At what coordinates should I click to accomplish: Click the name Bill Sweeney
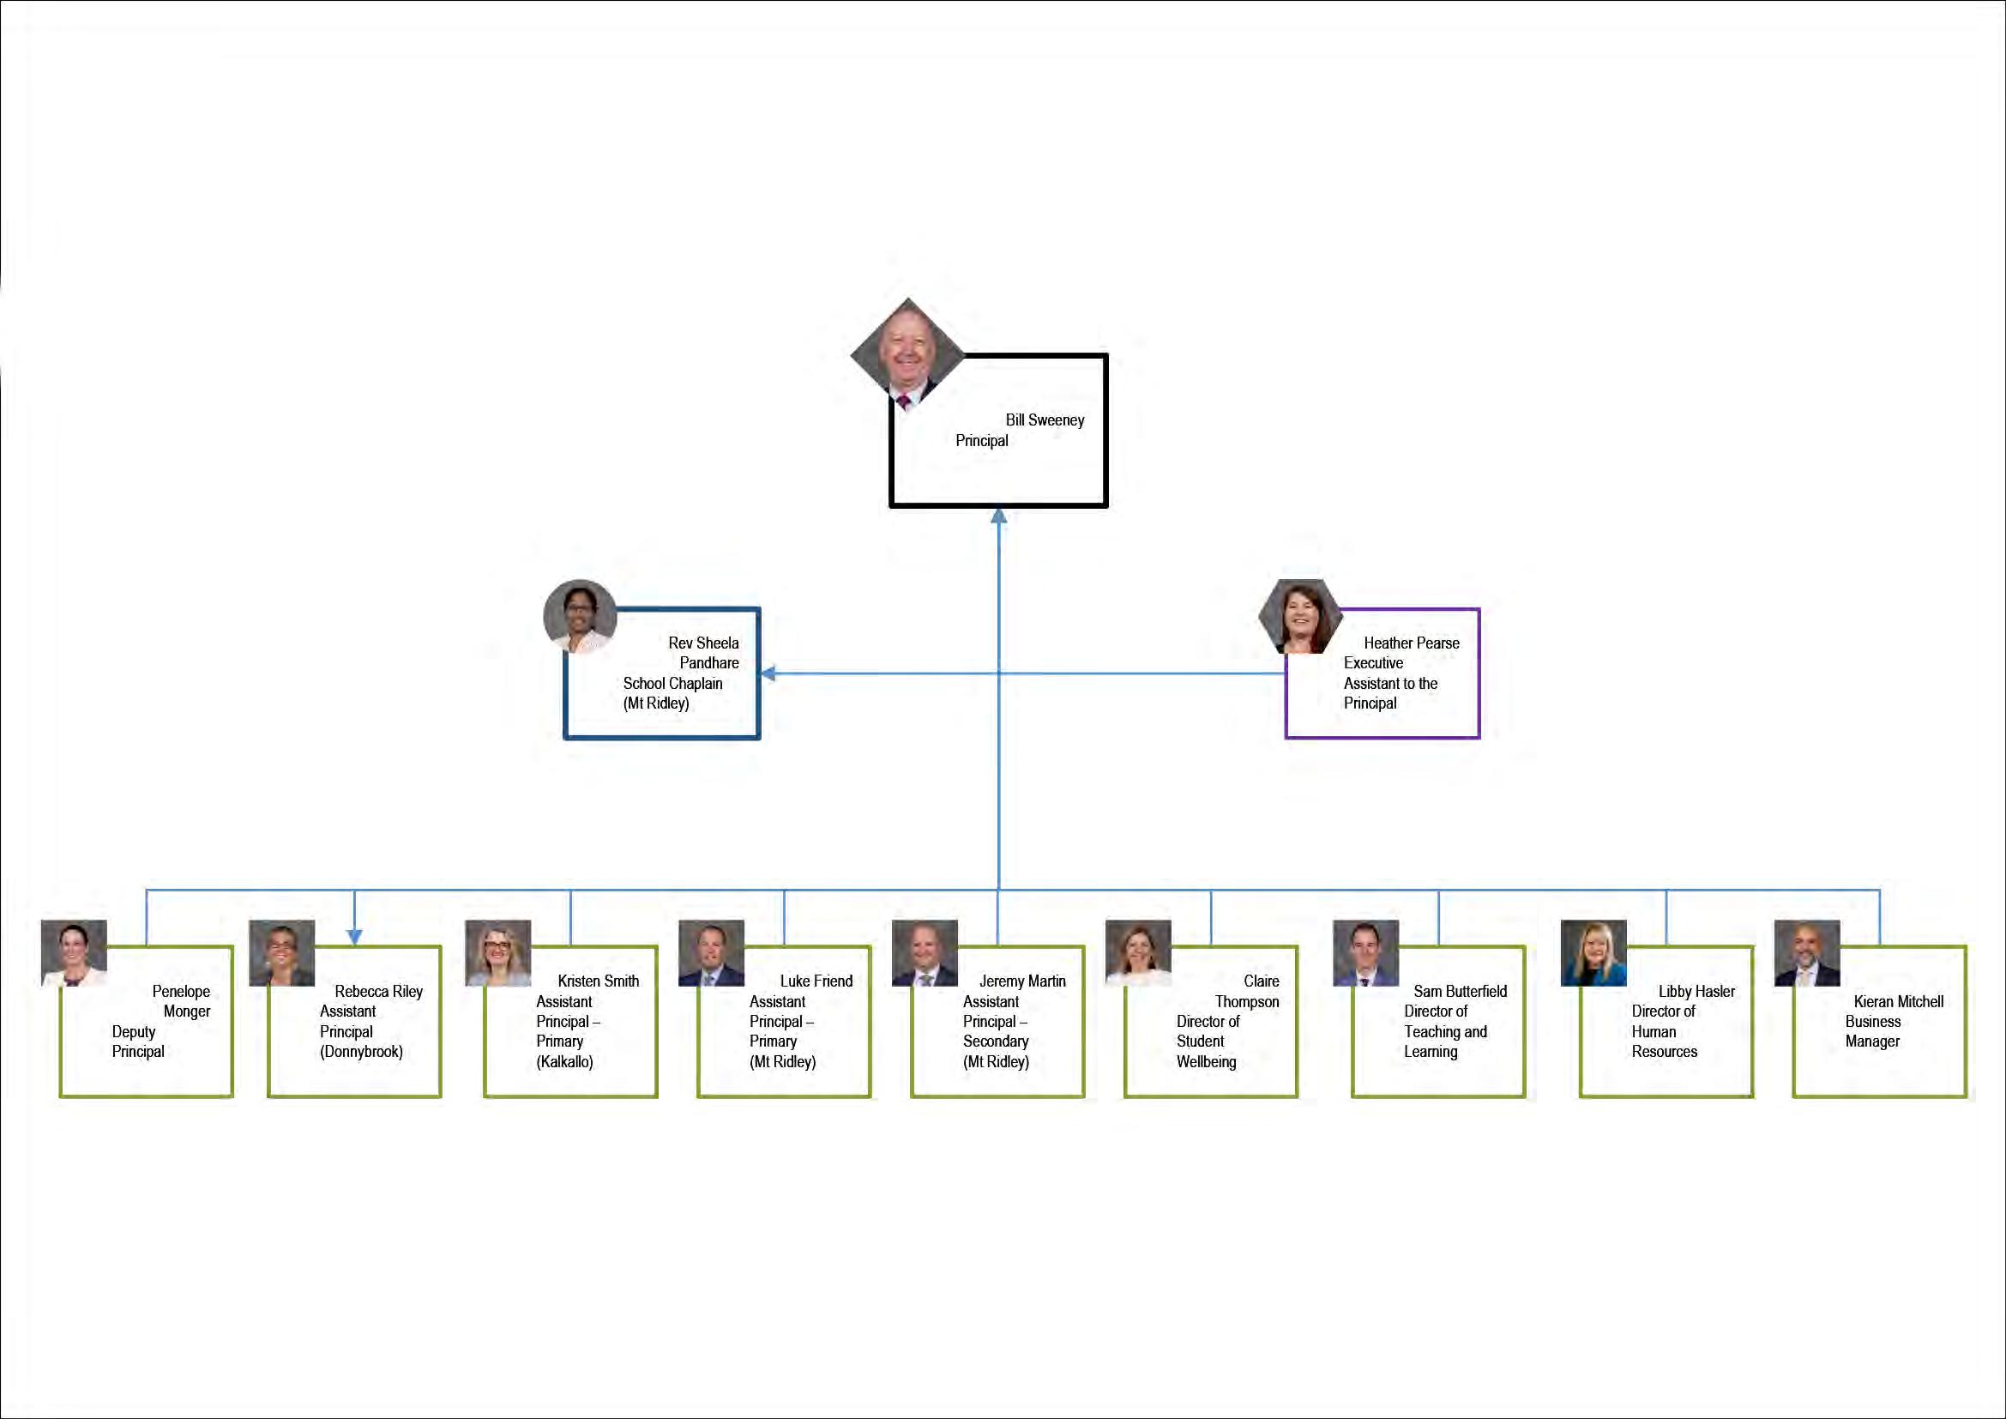point(1044,420)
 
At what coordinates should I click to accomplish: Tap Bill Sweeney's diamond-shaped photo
point(907,353)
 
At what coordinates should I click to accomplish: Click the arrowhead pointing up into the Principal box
point(998,516)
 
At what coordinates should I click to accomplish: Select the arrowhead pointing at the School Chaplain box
point(768,673)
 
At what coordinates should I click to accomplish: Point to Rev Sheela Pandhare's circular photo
point(580,616)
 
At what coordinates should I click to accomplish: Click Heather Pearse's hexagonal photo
point(1301,616)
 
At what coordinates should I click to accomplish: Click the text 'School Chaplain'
point(672,683)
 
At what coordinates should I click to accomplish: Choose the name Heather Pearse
point(1411,643)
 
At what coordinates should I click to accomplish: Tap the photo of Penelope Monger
point(75,952)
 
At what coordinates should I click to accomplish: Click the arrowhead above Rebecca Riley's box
point(354,937)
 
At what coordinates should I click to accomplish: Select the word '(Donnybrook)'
point(361,1051)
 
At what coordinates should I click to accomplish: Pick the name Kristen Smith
point(598,981)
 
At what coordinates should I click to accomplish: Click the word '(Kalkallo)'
point(564,1061)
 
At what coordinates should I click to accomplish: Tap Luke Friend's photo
point(711,952)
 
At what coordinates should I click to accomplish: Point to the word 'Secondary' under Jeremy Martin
point(995,1042)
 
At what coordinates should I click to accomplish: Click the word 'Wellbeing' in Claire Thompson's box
point(1206,1061)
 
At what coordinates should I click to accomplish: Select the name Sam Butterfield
point(1459,991)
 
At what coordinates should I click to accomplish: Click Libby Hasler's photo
point(1593,952)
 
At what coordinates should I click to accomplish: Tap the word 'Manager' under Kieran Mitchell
point(1871,1042)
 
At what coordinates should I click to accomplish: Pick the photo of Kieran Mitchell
point(1807,952)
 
